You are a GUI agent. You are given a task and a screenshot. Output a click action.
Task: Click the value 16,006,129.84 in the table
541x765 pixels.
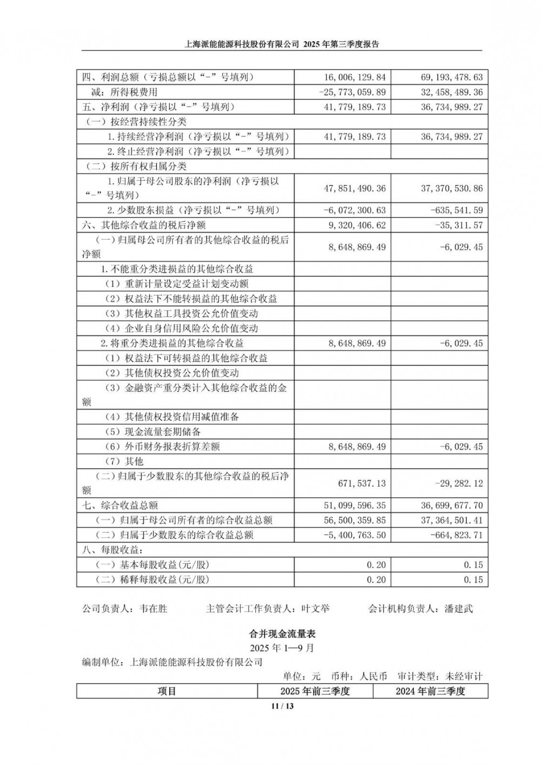click(x=355, y=77)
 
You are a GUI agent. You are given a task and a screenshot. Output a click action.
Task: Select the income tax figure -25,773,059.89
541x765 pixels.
click(x=353, y=93)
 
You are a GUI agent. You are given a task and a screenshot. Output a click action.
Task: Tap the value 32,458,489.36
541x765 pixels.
click(x=452, y=93)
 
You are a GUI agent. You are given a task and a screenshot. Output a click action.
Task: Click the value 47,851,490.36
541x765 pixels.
click(x=355, y=188)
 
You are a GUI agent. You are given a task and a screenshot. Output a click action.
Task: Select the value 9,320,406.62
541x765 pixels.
click(x=357, y=225)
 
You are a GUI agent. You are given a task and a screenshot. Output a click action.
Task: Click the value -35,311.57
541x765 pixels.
click(x=460, y=225)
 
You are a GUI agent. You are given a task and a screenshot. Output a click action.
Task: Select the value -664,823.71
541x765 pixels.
click(x=458, y=535)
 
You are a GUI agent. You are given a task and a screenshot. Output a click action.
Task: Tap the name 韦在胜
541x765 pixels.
click(x=153, y=609)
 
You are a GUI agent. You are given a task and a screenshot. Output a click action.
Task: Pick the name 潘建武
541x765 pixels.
click(x=459, y=609)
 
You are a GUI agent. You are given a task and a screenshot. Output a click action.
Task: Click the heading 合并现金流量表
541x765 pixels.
click(x=281, y=633)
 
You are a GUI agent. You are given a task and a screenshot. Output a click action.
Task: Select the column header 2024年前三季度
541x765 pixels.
click(x=430, y=691)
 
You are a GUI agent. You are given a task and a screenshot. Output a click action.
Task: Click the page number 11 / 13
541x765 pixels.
click(x=282, y=706)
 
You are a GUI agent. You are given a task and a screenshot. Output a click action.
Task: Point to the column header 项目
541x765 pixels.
click(x=167, y=691)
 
